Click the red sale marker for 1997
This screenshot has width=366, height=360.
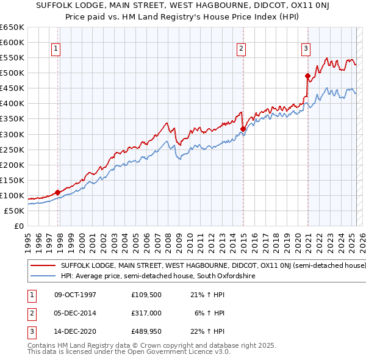(58, 192)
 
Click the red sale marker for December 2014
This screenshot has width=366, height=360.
(243, 129)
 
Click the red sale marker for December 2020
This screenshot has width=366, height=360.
(307, 76)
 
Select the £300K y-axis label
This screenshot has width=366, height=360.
(12, 134)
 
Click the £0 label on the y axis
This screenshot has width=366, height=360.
(18, 226)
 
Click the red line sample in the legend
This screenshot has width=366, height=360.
(43, 266)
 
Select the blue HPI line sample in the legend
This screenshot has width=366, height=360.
(43, 276)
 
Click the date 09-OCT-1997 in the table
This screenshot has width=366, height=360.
(75, 295)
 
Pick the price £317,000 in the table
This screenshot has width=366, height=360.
(146, 313)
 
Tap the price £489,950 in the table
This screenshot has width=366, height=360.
(146, 331)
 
